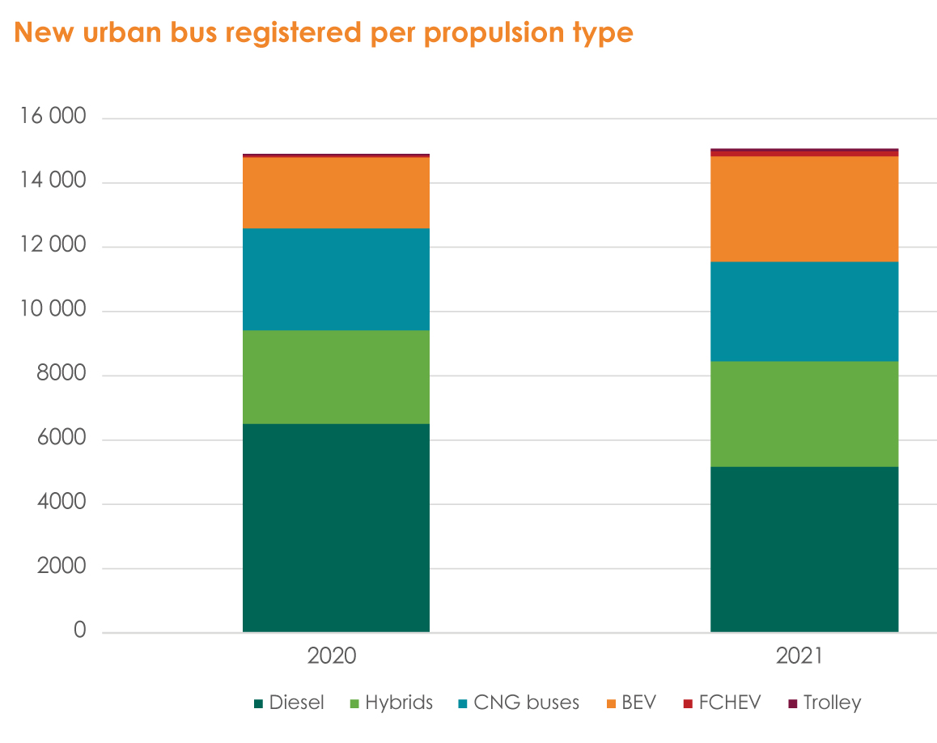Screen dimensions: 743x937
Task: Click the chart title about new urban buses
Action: pos(324,32)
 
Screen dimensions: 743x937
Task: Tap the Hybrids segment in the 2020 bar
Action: pos(336,377)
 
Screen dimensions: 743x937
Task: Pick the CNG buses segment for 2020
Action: pos(336,279)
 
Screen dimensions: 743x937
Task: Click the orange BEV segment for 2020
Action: pos(336,193)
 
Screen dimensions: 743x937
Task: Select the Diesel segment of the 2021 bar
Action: pos(803,549)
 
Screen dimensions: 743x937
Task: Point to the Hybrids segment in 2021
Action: pos(803,414)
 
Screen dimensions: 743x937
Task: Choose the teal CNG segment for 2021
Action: pos(803,312)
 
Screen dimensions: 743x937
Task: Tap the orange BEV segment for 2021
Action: pos(803,209)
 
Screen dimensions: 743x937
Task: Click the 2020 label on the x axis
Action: pos(332,656)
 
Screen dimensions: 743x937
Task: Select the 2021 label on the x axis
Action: pos(799,656)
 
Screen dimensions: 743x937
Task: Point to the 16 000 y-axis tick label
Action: pos(52,117)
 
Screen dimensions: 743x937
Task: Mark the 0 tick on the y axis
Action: pos(79,630)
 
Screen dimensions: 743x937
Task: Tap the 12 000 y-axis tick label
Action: pos(52,246)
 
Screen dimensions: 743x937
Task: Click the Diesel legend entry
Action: pos(289,703)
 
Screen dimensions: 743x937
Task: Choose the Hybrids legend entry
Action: pos(391,703)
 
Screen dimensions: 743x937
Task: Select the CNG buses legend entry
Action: pos(518,703)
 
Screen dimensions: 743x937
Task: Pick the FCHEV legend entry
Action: pos(722,703)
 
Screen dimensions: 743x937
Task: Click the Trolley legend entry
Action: pos(824,703)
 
